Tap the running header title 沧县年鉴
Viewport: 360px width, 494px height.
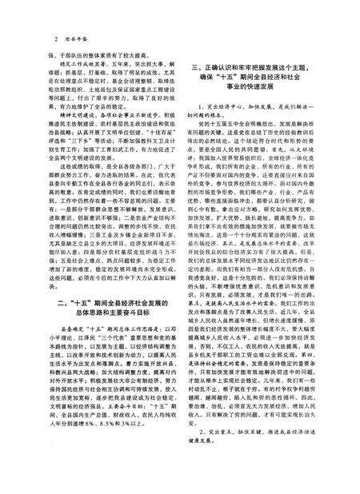pyautogui.click(x=75, y=38)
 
